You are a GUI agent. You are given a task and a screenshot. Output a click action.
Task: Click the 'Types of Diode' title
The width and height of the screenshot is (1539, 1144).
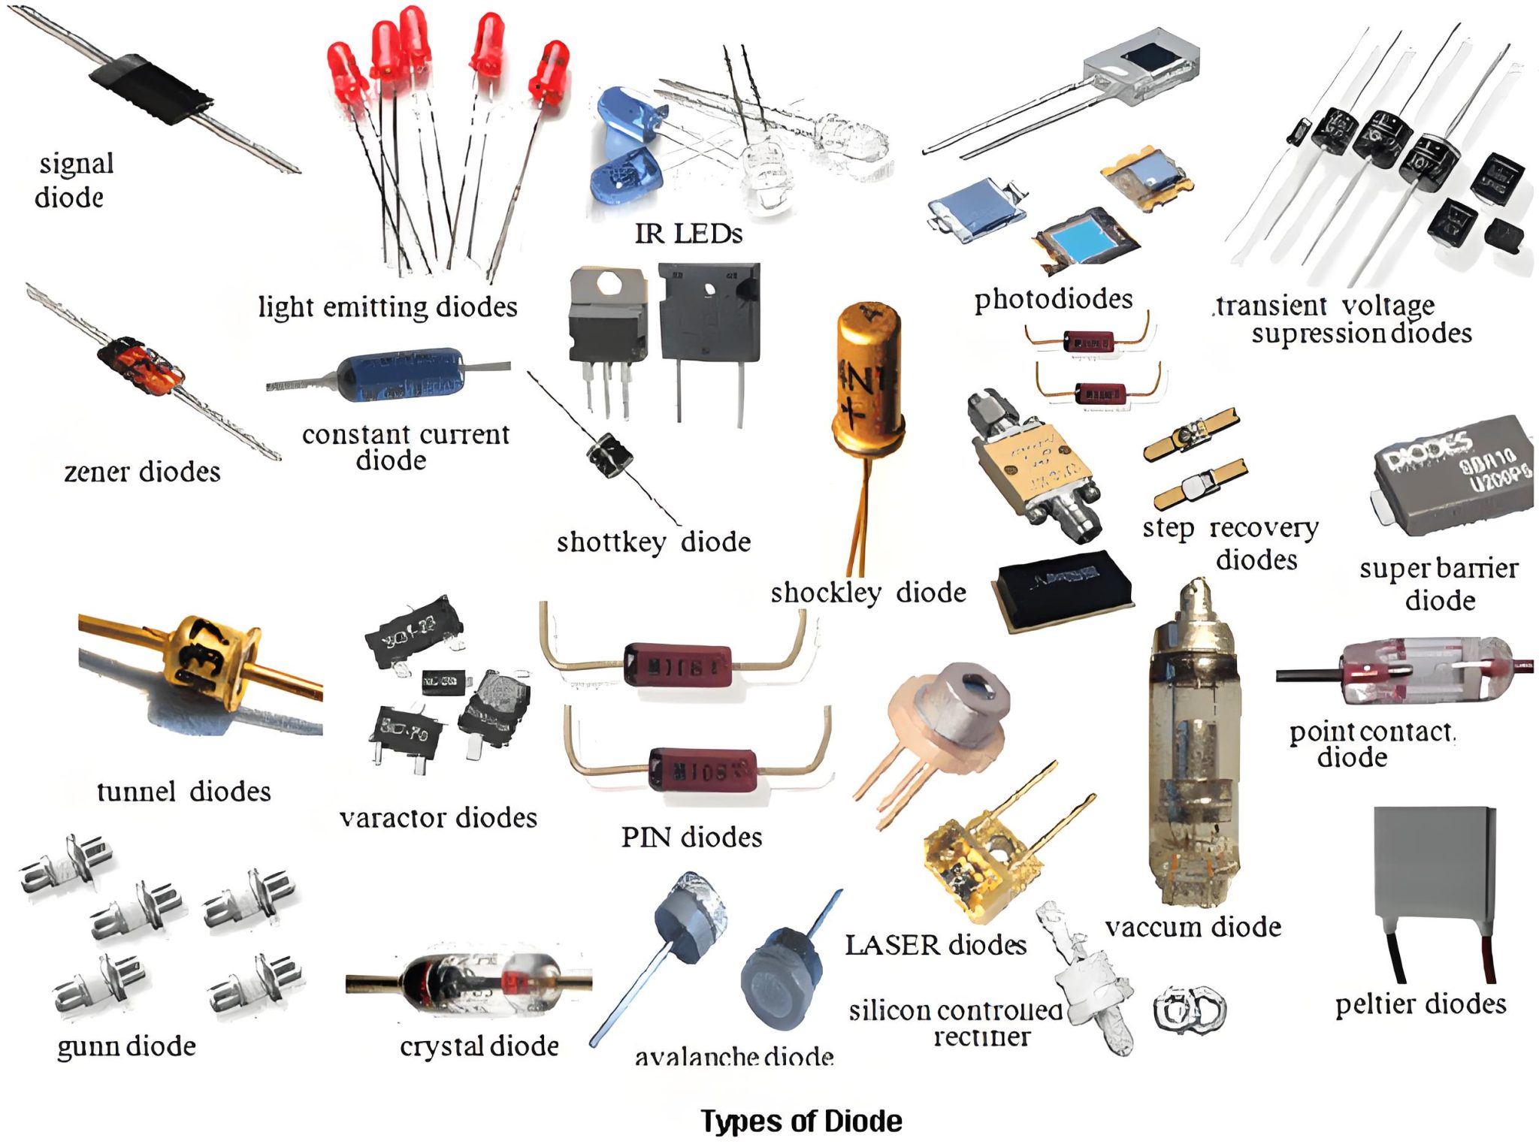pos(801,1121)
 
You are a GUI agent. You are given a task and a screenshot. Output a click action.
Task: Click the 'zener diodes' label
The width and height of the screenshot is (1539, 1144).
pos(142,472)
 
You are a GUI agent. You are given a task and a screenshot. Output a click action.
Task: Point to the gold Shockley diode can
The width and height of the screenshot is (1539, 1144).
pos(867,376)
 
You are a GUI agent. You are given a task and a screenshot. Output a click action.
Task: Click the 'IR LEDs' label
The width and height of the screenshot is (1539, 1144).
pos(688,234)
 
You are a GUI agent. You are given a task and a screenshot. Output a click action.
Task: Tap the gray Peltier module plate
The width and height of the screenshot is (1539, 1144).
pos(1433,864)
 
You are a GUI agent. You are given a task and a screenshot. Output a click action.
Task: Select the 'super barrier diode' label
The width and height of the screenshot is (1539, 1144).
pos(1439,584)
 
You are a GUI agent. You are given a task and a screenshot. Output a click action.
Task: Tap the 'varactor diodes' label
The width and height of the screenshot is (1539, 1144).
pos(438,817)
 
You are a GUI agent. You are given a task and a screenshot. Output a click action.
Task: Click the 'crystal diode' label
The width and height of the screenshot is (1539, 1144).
pos(479,1046)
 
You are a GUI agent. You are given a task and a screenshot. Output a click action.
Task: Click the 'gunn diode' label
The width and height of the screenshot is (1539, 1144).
pos(126,1046)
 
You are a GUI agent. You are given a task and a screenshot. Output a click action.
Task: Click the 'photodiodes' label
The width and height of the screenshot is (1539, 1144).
pos(1053,299)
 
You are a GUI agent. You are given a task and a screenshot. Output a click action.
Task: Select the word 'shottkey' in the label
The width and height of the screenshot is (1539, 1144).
pos(611,542)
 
